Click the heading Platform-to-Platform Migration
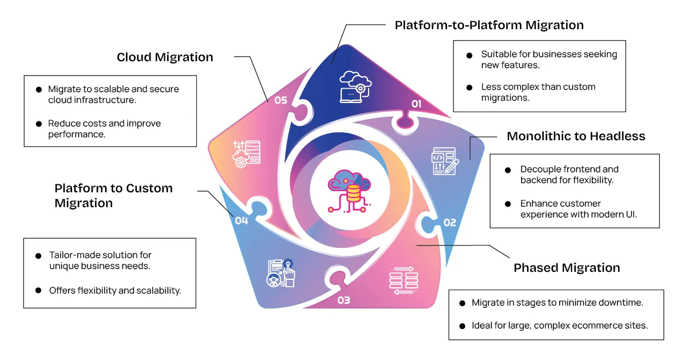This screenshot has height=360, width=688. tap(489, 25)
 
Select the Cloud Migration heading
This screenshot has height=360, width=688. tap(165, 57)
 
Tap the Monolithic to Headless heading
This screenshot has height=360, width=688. tap(576, 136)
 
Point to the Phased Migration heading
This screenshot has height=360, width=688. tap(567, 268)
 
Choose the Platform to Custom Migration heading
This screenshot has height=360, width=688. tap(113, 195)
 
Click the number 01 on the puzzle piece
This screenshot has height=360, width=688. tap(416, 104)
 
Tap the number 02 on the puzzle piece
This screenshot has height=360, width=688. tap(449, 223)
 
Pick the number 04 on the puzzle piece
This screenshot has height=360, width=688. tap(241, 220)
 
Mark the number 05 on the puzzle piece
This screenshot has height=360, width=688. tap(280, 100)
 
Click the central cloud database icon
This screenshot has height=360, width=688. tap(349, 189)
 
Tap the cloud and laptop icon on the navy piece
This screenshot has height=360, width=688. tap(355, 86)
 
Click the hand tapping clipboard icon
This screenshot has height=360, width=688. tap(281, 272)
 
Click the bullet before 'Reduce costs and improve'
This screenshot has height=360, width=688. tap(39, 124)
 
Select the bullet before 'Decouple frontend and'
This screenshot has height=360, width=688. tap(508, 170)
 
